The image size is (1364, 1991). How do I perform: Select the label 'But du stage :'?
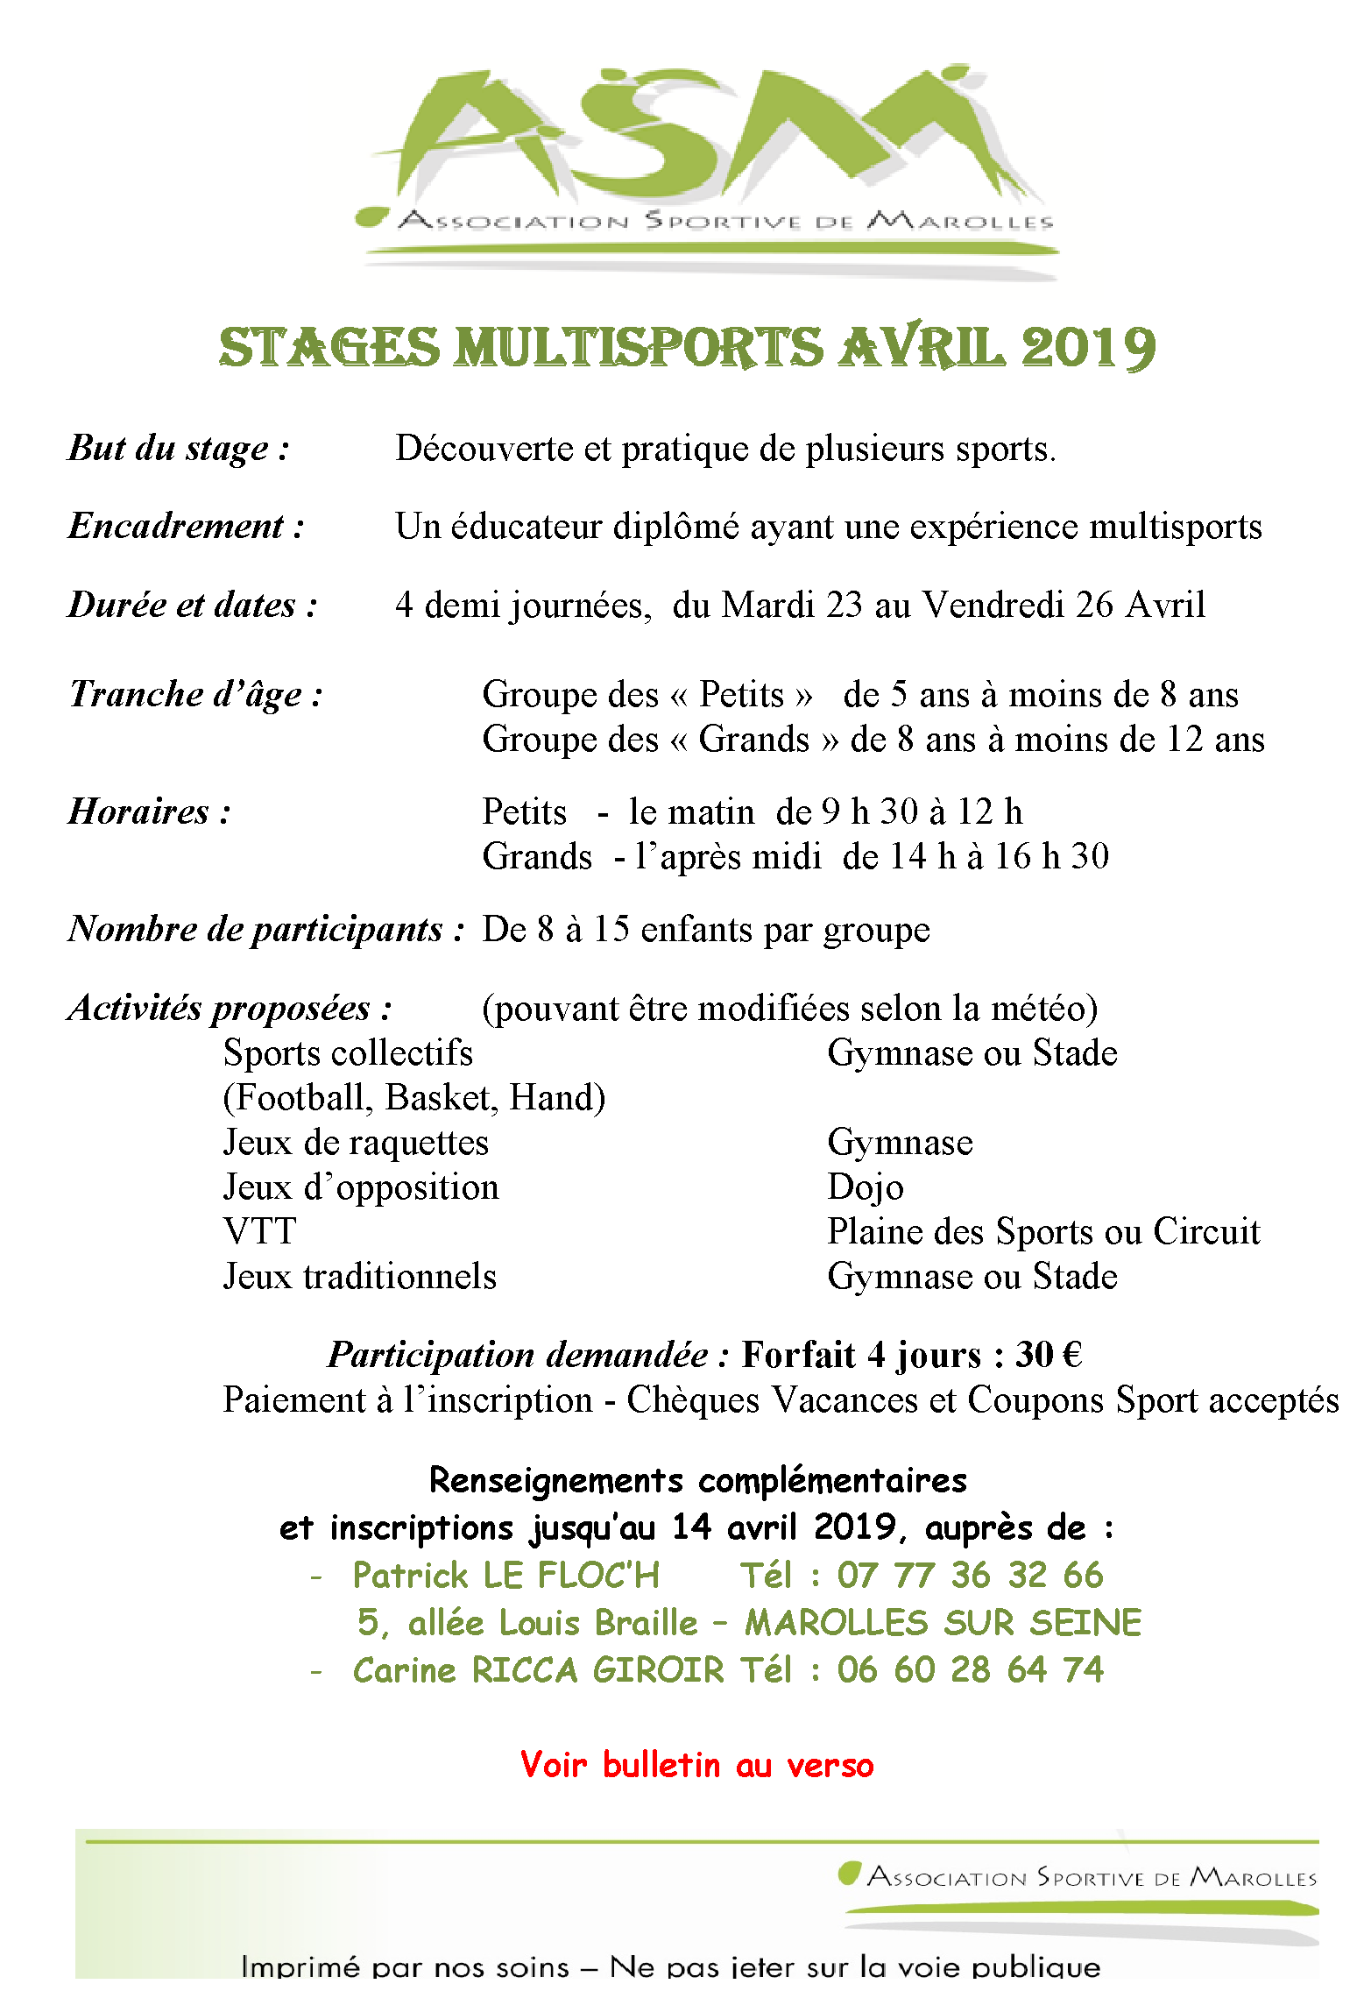(x=179, y=449)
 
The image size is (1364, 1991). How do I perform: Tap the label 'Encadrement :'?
(x=186, y=527)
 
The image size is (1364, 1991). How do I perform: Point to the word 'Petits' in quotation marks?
(x=741, y=695)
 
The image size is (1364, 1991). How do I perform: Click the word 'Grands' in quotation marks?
(x=753, y=740)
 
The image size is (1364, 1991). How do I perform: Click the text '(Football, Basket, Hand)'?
(x=413, y=1098)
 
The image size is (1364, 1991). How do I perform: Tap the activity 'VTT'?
(x=259, y=1232)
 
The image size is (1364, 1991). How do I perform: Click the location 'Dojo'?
(x=865, y=1187)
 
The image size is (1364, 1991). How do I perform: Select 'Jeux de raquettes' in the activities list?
(x=356, y=1143)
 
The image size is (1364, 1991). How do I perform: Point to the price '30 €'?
(x=1049, y=1355)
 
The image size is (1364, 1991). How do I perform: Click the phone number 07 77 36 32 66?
(x=970, y=1576)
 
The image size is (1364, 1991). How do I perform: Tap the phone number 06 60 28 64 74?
(x=970, y=1670)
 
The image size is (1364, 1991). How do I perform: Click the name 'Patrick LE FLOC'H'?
(x=505, y=1576)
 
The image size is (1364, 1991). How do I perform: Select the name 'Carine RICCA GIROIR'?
(x=538, y=1670)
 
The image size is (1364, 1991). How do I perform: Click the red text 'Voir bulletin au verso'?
(x=696, y=1765)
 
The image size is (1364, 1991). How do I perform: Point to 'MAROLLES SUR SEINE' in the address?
(x=943, y=1623)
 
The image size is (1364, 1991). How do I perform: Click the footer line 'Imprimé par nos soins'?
(x=405, y=1966)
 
